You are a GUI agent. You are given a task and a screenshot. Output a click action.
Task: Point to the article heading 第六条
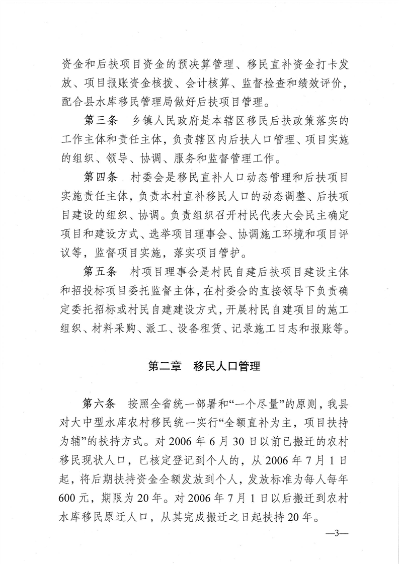pos(99,404)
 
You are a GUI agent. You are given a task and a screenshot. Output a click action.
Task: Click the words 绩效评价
pos(311,86)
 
